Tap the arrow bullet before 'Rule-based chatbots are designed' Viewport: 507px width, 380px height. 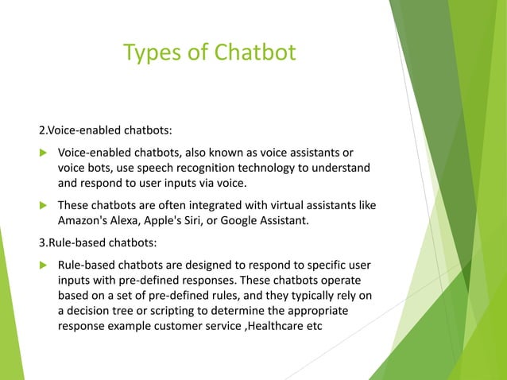click(x=44, y=262)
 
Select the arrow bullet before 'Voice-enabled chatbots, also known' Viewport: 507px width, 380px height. click(x=44, y=152)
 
